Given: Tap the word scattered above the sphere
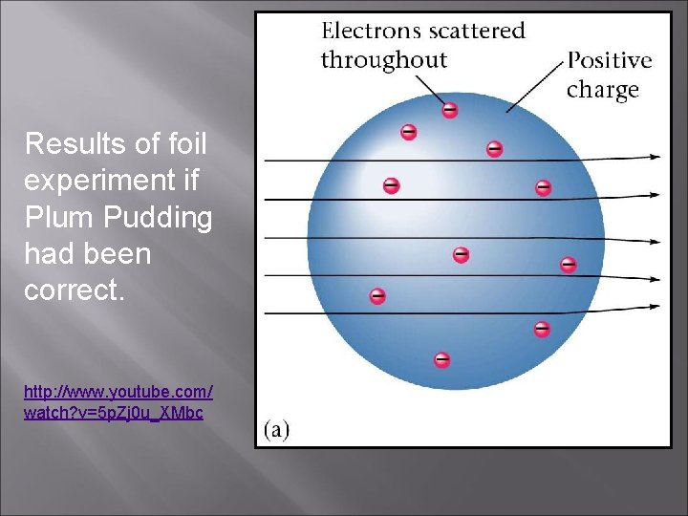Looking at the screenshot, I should (475, 31).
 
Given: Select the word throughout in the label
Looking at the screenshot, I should (383, 60).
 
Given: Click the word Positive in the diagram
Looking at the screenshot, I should (610, 60).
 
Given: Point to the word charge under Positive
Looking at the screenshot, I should (602, 90).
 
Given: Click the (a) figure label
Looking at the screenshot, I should (277, 429).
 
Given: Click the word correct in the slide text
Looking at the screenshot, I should (72, 290).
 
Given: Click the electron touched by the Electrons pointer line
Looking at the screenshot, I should (449, 110).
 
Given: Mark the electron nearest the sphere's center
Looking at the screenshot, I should (461, 254).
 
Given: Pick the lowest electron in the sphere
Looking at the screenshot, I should (441, 360).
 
